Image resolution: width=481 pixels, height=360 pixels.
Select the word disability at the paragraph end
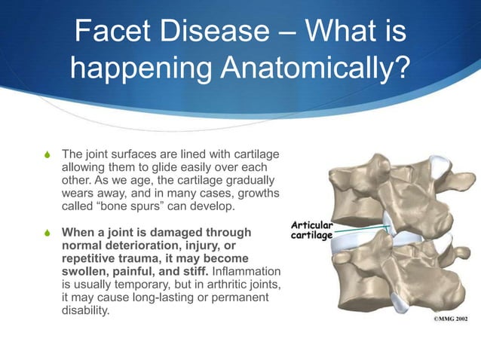pyautogui.click(x=84, y=310)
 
